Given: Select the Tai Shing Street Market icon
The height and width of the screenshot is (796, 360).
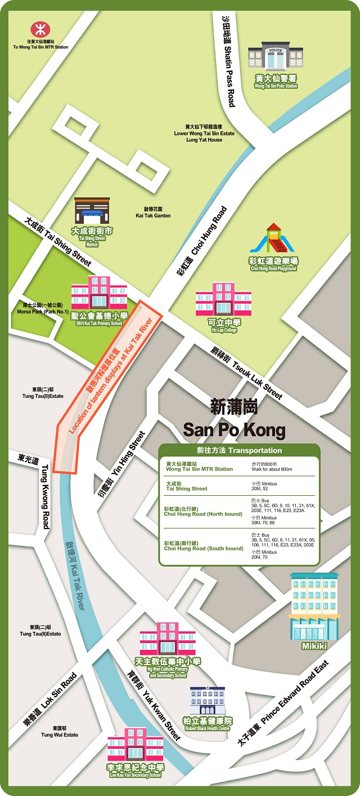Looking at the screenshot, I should [x=92, y=211].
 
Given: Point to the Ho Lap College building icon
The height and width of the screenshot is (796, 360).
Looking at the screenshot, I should [x=224, y=299].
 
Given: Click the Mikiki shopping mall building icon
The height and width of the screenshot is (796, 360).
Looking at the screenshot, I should [x=314, y=607].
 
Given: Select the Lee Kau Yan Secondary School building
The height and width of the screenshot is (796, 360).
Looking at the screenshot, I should [x=136, y=745].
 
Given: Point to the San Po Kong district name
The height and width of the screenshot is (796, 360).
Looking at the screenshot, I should [x=234, y=419].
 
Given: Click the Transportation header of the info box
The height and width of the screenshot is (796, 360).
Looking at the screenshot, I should [x=239, y=450].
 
